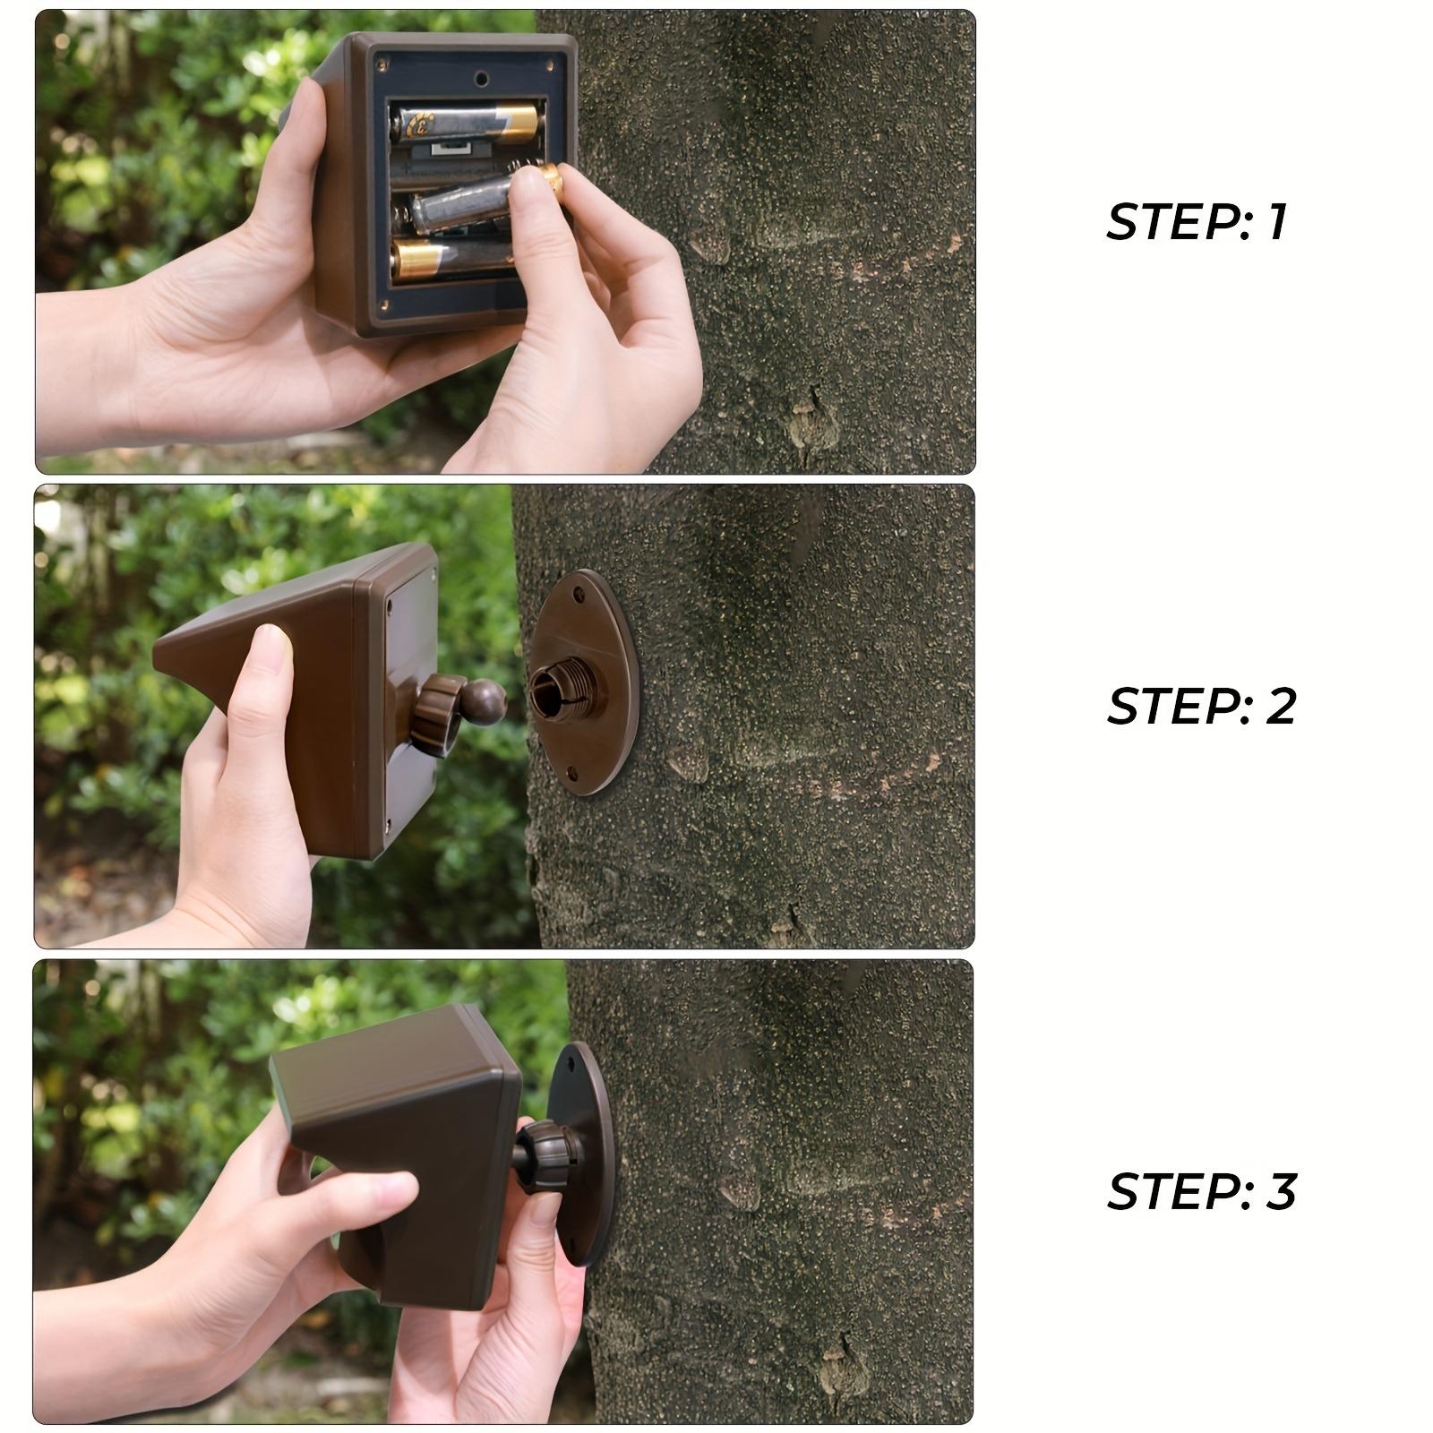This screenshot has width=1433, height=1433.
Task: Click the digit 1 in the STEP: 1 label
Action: coord(1276,222)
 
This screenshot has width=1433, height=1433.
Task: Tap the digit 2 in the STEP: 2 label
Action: coord(1281,707)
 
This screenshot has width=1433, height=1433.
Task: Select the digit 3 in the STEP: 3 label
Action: coord(1282,1191)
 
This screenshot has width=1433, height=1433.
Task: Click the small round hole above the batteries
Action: coord(482,79)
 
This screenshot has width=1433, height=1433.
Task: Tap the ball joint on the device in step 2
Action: coord(485,701)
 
